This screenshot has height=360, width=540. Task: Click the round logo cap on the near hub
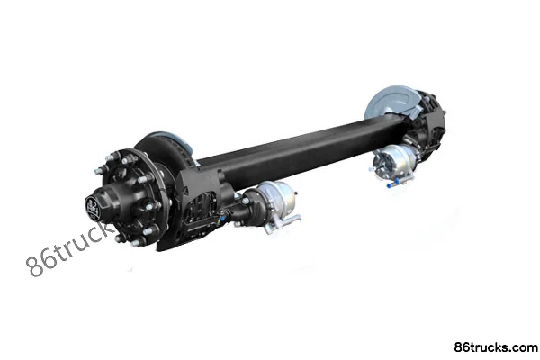click(x=93, y=208)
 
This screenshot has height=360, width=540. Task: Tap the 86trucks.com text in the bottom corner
click(x=496, y=347)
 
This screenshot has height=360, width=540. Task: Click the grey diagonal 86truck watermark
click(x=69, y=248)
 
